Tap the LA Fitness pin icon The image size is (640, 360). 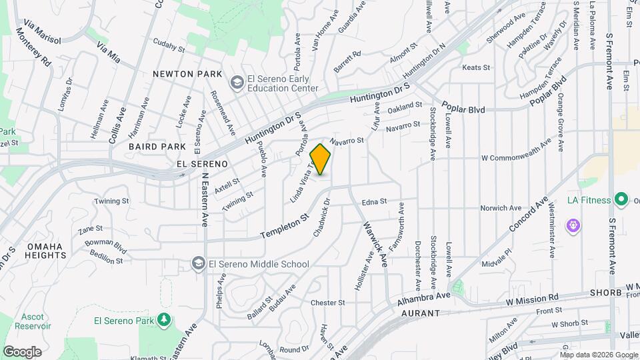[621, 199]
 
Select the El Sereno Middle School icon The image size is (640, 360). [198, 264]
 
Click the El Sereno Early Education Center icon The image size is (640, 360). [236, 83]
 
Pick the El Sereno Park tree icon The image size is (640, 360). [164, 321]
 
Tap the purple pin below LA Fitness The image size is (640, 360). [573, 226]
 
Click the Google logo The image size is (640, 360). [22, 351]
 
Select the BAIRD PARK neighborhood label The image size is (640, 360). [157, 147]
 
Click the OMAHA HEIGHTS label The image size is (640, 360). [45, 251]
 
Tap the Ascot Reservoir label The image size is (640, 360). [35, 321]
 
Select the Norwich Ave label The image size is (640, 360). [501, 208]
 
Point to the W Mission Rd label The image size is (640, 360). [531, 300]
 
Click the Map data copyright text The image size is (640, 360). [598, 354]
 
